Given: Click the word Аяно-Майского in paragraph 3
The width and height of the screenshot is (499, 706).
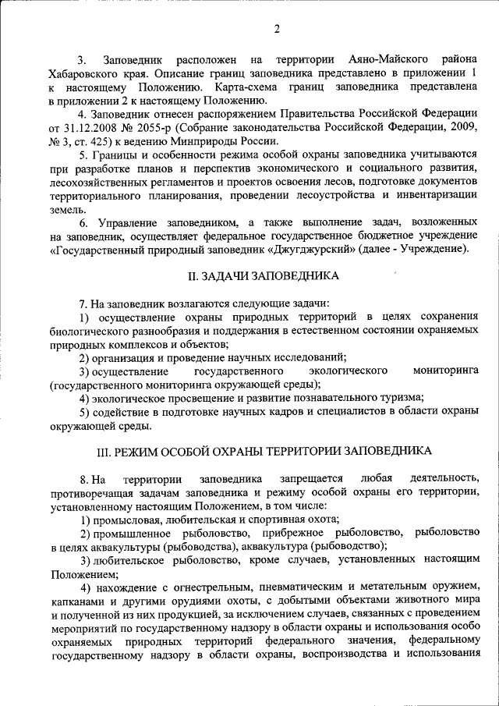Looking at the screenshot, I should (x=380, y=59).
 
